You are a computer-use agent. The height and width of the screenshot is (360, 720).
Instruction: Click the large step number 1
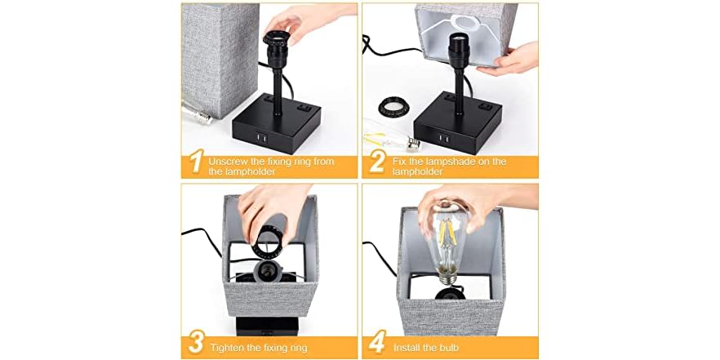[x=194, y=162]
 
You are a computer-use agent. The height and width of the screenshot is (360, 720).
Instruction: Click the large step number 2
[x=376, y=162]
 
